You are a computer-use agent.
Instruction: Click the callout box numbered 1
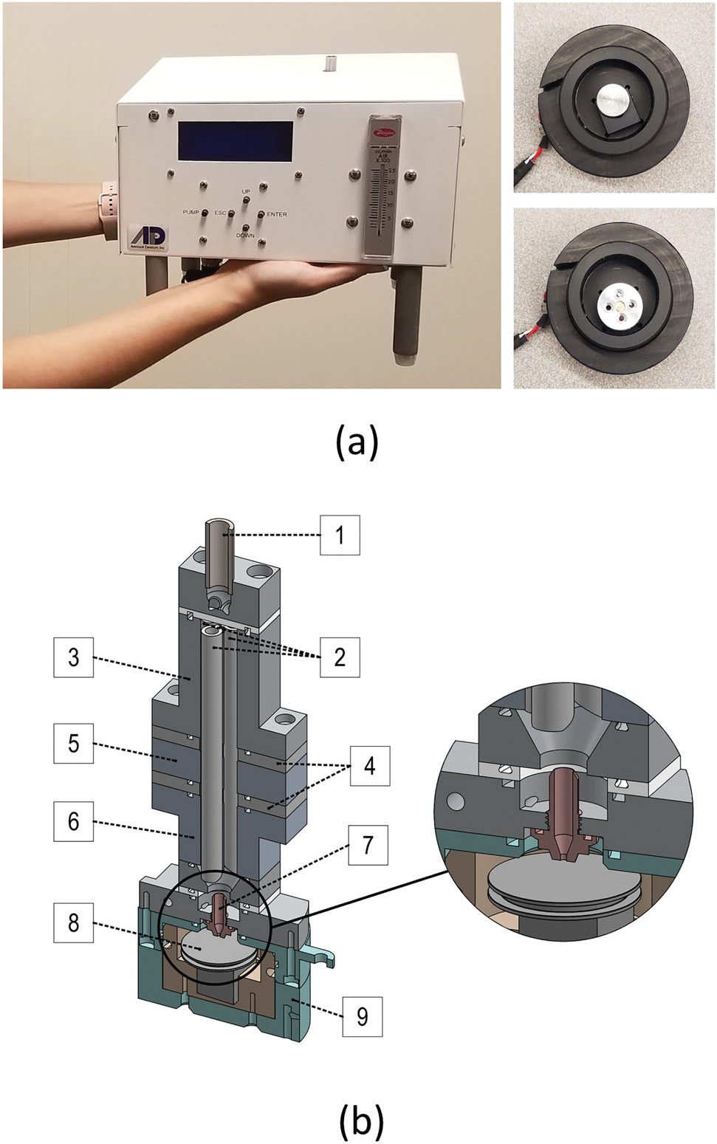(340, 535)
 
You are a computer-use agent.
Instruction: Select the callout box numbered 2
(340, 657)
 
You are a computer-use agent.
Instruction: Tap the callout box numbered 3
(73, 657)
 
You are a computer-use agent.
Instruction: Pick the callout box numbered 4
(369, 765)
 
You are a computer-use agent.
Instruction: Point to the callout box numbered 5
(73, 742)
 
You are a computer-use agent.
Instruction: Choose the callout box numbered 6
(73, 821)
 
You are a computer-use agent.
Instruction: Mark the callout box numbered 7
(368, 843)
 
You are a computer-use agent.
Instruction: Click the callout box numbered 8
(73, 922)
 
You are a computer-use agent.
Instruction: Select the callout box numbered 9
(362, 1016)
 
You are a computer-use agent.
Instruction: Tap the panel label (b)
(361, 1121)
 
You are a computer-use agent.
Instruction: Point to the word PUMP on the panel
(191, 213)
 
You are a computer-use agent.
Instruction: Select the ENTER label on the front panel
(277, 214)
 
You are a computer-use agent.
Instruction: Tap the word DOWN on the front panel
(245, 236)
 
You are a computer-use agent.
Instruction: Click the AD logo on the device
(148, 236)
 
